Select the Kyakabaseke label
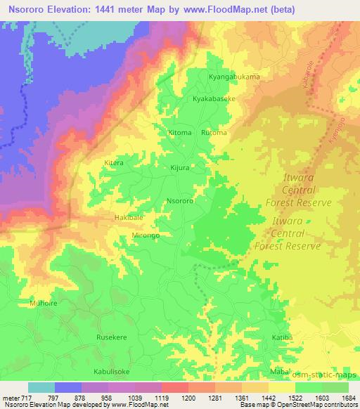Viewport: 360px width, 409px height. coord(218,100)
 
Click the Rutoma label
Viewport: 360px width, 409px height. coord(214,132)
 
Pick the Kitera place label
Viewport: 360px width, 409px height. coord(113,162)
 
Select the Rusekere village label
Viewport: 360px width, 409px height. coord(112,337)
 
